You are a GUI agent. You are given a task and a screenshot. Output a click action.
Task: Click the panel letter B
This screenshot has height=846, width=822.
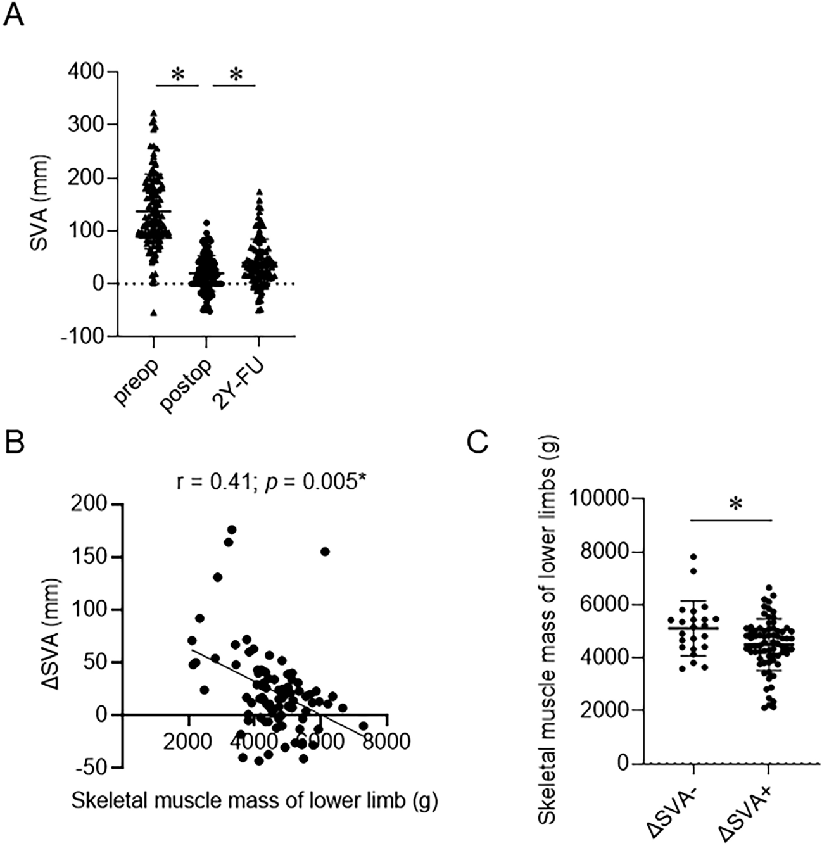pyautogui.click(x=14, y=443)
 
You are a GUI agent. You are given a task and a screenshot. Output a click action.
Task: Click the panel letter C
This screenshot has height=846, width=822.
pyautogui.click(x=476, y=443)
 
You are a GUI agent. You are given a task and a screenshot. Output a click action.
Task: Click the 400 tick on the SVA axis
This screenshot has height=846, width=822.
pyautogui.click(x=87, y=72)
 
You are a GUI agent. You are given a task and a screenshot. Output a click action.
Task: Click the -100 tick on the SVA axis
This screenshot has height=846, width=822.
pyautogui.click(x=82, y=336)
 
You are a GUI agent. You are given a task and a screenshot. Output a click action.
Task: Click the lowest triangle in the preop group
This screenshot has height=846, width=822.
pyautogui.click(x=153, y=313)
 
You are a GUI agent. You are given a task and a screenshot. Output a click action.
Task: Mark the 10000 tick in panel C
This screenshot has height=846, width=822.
pyautogui.click(x=603, y=499)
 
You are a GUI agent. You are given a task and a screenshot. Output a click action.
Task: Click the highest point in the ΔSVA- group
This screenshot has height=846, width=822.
pyautogui.click(x=694, y=557)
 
